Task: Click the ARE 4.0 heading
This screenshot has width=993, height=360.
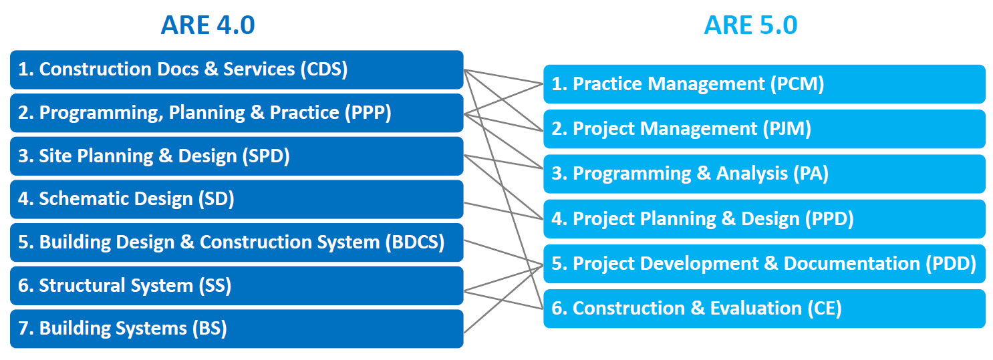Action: [207, 25]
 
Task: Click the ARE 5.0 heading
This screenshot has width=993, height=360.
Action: [750, 25]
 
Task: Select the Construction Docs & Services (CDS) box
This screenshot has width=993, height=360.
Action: [237, 69]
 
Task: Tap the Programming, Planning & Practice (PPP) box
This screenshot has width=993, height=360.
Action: [237, 113]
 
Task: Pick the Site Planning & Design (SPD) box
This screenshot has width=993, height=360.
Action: [237, 156]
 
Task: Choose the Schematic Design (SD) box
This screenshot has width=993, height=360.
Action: [237, 199]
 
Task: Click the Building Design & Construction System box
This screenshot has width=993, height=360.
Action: [237, 242]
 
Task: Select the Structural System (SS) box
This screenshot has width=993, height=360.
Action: [237, 286]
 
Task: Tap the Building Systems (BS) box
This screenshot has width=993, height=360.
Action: [237, 329]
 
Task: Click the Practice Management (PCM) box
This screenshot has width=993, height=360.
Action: [764, 84]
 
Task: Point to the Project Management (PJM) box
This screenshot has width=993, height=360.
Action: [764, 129]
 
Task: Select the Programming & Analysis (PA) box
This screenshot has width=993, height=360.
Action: [764, 174]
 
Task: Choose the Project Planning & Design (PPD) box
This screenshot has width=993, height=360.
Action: [764, 218]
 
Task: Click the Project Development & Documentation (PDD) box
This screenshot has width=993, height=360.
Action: [764, 264]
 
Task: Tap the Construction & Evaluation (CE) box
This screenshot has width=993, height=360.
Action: [764, 309]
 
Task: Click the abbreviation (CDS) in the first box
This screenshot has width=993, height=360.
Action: [324, 69]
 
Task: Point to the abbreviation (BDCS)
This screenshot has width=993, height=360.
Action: [415, 242]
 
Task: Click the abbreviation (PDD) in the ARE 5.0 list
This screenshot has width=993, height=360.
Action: [951, 264]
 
